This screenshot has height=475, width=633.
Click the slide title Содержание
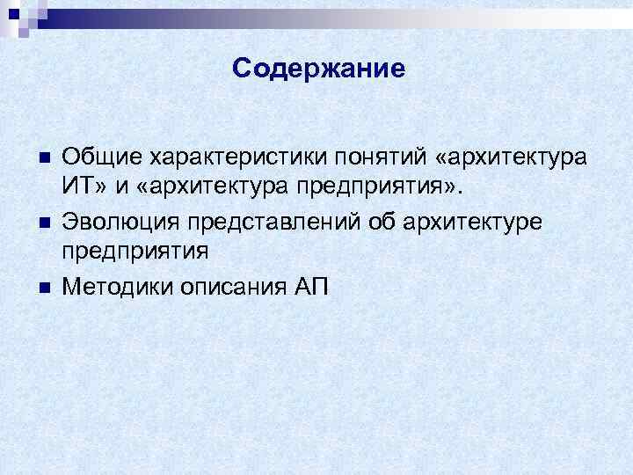(x=319, y=69)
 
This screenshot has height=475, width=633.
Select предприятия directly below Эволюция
(x=135, y=253)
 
